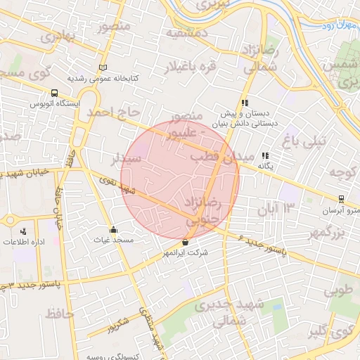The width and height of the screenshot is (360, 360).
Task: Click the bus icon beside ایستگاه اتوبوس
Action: pyautogui.click(x=55, y=93)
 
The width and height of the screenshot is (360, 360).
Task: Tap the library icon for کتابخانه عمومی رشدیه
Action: pyautogui.click(x=105, y=68)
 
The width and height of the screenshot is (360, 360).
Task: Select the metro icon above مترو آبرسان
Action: pyautogui.click(x=341, y=199)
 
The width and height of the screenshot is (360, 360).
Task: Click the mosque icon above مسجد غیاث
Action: pyautogui.click(x=112, y=229)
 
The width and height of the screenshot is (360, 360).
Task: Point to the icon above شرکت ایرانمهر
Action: pyautogui.click(x=185, y=242)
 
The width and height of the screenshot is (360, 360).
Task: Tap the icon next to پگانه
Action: pyautogui.click(x=265, y=156)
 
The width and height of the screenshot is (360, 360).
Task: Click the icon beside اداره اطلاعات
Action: pyautogui.click(x=24, y=231)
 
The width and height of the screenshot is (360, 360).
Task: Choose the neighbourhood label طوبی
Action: pyautogui.click(x=342, y=289)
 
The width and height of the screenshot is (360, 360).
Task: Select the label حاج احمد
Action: pyautogui.click(x=109, y=112)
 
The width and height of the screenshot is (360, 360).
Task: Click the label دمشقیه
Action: pyautogui.click(x=186, y=32)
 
